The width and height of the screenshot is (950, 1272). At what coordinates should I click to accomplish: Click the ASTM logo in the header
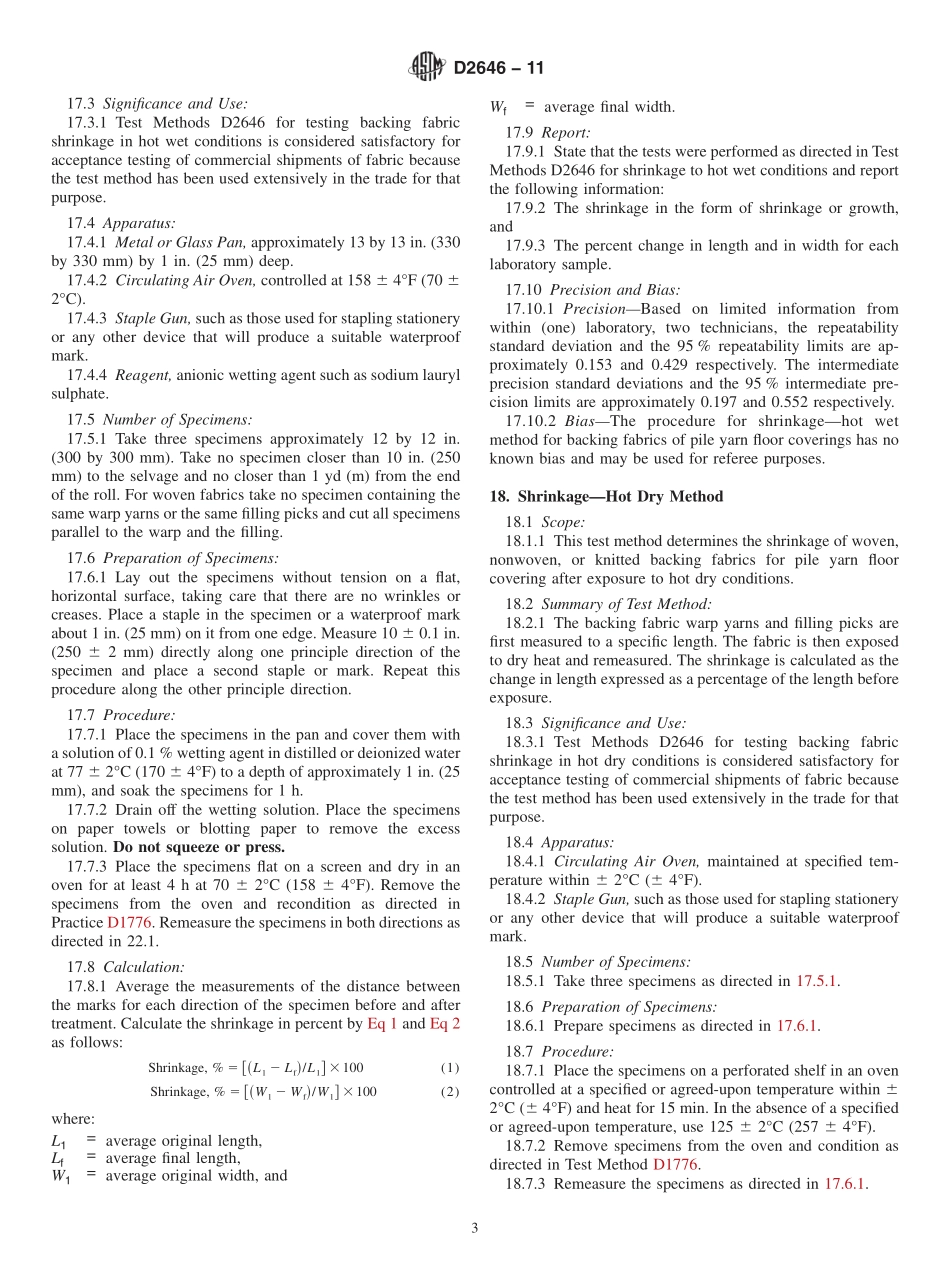click(x=427, y=68)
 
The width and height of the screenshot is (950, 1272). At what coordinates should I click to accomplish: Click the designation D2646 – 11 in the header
click(x=498, y=69)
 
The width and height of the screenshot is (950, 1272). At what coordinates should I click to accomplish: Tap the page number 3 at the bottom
click(x=475, y=1228)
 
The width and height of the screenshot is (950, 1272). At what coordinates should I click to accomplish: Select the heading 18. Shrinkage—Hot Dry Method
click(x=606, y=496)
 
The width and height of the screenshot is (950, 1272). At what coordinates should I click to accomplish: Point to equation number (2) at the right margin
click(x=450, y=1091)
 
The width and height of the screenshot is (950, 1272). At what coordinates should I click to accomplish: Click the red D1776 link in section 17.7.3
click(x=128, y=922)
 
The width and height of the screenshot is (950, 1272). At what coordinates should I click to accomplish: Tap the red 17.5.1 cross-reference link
click(x=817, y=981)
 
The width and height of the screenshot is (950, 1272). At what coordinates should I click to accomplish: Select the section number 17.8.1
click(x=91, y=986)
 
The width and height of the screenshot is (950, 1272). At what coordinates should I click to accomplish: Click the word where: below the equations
click(x=74, y=1119)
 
